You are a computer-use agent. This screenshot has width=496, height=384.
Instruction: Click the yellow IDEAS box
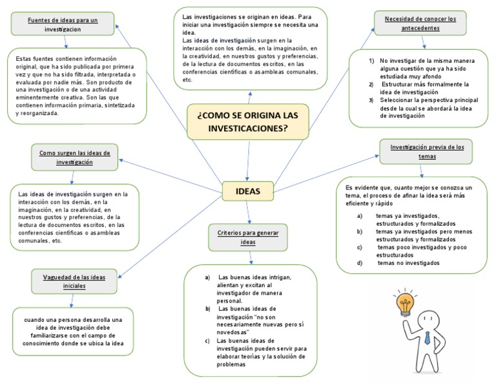[x=249, y=191]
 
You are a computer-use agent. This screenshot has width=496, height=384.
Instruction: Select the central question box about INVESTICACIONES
[x=248, y=122]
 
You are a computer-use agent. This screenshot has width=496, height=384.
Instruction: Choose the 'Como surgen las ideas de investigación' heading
[x=74, y=158]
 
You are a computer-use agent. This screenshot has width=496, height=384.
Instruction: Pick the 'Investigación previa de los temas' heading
[x=427, y=151]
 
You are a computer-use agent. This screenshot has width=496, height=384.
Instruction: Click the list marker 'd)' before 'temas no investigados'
[x=360, y=263]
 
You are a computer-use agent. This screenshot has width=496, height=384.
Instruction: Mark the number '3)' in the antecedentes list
[x=371, y=101]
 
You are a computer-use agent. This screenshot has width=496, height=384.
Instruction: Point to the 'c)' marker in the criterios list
[x=207, y=341]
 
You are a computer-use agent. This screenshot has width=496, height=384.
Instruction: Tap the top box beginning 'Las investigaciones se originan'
[x=251, y=48]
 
